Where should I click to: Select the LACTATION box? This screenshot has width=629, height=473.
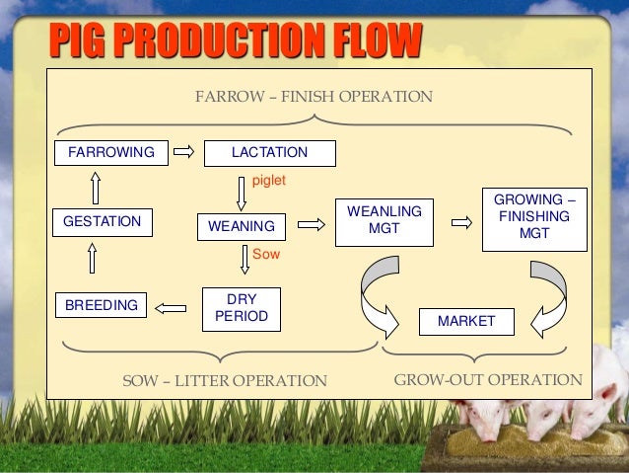coord(268,153)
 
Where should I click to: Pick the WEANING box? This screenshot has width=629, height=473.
coord(242,227)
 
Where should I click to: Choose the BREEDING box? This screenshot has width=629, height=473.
coord(100,306)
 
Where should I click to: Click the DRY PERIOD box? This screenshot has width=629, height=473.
coord(241,309)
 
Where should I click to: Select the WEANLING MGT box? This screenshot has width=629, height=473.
coord(384,221)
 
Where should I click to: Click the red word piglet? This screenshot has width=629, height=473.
coord(269,182)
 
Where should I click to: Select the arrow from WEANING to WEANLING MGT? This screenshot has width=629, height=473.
coord(312,224)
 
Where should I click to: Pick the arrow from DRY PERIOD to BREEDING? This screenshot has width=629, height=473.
coord(172,307)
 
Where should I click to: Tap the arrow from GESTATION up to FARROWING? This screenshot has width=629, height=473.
coord(94,187)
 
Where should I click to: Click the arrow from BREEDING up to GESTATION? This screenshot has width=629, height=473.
coord(93,259)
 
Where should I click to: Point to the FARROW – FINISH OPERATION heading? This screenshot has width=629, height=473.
coord(314,98)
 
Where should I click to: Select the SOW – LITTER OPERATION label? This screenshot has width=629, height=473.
coord(224,380)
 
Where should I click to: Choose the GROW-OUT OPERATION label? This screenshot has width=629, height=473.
coord(488,379)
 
